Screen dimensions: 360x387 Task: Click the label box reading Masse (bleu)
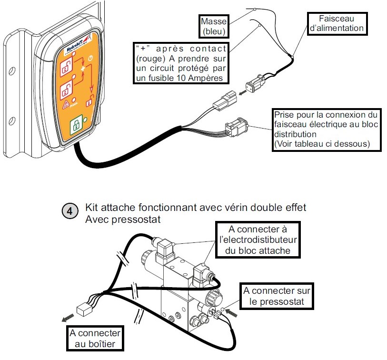point(213,27)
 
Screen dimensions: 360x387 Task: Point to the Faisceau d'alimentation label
point(337,23)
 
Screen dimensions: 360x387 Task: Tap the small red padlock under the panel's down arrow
point(88,102)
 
